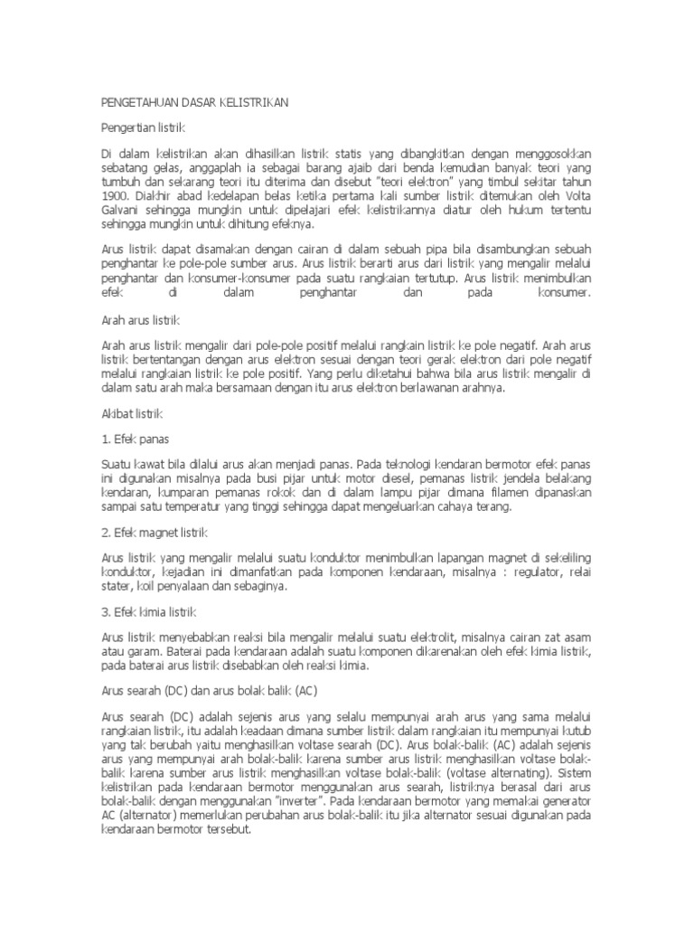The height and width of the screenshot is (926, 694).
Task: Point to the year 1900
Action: pos(116,194)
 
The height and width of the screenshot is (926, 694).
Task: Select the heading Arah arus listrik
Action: pos(142,320)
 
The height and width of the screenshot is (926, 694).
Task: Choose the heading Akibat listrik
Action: pos(131,412)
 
